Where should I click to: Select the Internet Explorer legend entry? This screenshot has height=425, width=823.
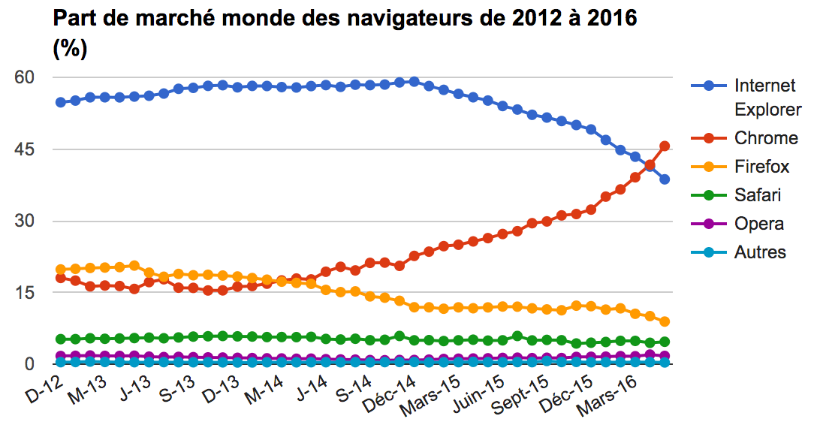point(764,98)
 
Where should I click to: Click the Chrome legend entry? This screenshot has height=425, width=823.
point(766,137)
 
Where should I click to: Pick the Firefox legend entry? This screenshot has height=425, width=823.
point(762,167)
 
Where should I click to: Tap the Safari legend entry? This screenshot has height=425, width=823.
point(758,195)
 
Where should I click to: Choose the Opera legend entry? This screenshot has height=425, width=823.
point(759,224)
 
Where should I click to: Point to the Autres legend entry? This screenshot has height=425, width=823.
point(760,252)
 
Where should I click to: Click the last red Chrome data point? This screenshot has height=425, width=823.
point(665,146)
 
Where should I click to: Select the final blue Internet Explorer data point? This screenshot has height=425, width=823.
point(665,179)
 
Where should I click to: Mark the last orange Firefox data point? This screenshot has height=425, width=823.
point(665,322)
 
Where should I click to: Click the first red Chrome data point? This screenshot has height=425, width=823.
point(61,278)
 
